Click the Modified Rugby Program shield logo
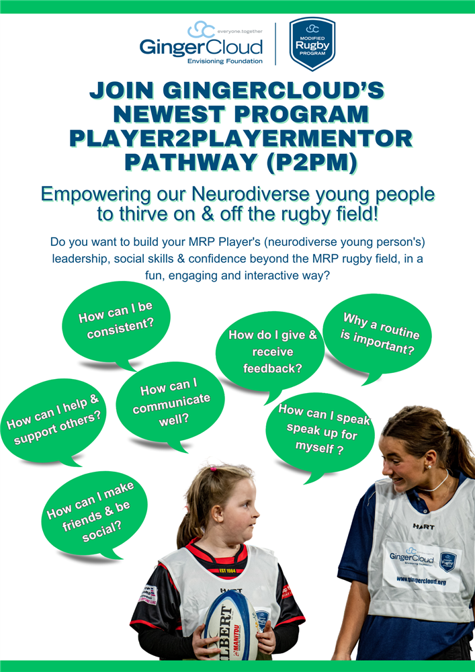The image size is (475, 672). point(312,44)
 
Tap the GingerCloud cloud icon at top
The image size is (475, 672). point(200,30)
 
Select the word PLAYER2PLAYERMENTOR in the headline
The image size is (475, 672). point(240,138)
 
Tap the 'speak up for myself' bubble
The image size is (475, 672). point(320,431)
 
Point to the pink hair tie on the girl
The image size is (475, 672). point(213,469)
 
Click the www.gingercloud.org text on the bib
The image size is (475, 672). point(421,579)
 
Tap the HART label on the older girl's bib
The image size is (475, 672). point(423,526)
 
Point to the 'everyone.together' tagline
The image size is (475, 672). point(240,32)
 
